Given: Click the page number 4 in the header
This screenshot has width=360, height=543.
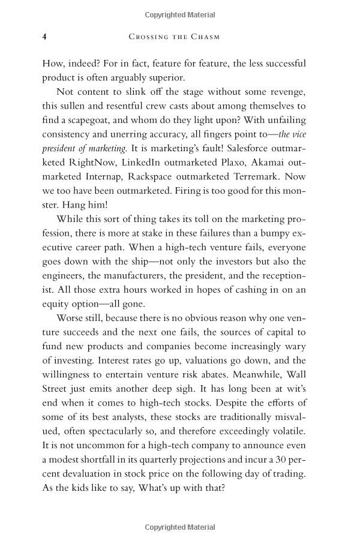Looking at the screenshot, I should (44, 37).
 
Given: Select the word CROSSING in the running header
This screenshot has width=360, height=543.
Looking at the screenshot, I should (147, 37).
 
